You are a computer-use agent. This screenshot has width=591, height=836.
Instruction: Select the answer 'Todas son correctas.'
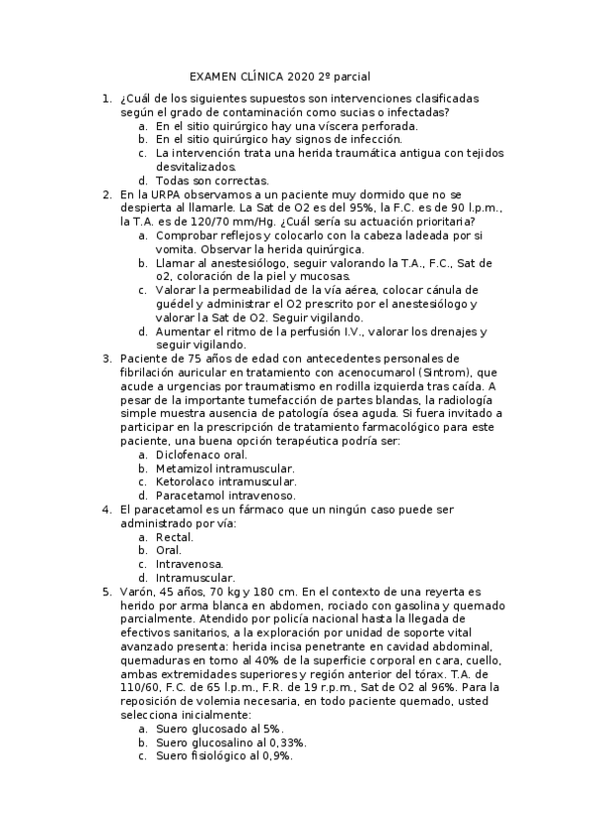212,181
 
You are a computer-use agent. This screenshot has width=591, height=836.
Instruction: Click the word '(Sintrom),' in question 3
424,373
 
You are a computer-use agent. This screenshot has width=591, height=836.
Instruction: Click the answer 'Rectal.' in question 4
175,537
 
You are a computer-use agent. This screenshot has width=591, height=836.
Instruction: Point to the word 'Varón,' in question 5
139,592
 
